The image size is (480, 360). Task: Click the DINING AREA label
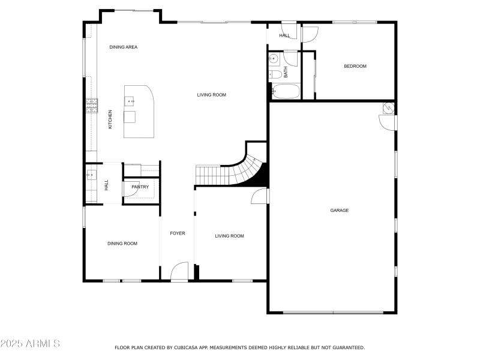pos(124,47)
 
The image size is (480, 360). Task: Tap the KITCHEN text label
pos(110,119)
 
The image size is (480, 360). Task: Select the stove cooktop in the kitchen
pos(91,106)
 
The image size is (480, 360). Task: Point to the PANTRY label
pos(140,187)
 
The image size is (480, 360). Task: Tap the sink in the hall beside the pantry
pos(91,175)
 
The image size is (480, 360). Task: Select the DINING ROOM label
pos(122,244)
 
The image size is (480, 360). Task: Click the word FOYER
pos(177,233)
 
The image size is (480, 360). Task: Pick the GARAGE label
pos(339,211)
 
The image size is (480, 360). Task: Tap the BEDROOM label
pos(355,67)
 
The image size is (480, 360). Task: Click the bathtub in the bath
pos(284,92)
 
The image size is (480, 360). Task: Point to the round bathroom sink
pos(273,59)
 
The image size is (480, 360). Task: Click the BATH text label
pos(286,73)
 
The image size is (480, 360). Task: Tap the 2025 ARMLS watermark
pos(30,344)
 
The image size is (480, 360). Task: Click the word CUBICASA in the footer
pos(187,347)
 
